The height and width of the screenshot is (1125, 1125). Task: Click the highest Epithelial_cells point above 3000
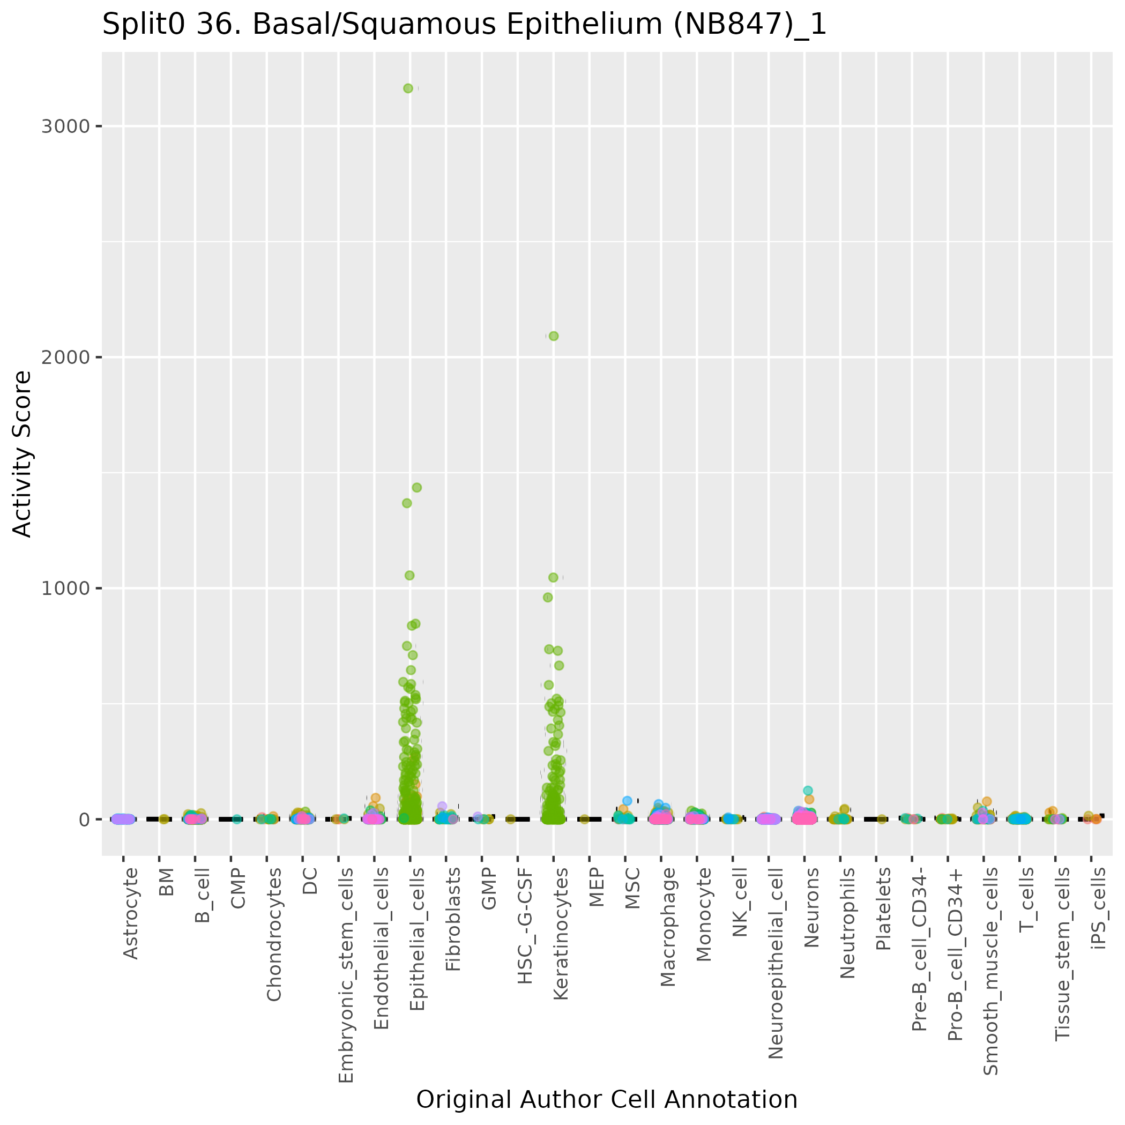pos(408,88)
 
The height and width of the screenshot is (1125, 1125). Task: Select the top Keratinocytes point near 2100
pos(554,336)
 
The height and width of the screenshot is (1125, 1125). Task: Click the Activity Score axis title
pos(22,454)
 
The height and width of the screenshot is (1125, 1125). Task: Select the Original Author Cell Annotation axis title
pos(607,1099)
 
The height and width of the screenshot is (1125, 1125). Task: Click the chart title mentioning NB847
pos(464,25)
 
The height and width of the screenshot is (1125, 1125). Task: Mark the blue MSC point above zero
pos(627,801)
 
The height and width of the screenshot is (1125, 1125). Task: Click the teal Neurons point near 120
pos(808,791)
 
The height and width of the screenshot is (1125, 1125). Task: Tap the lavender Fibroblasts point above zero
pos(442,806)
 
